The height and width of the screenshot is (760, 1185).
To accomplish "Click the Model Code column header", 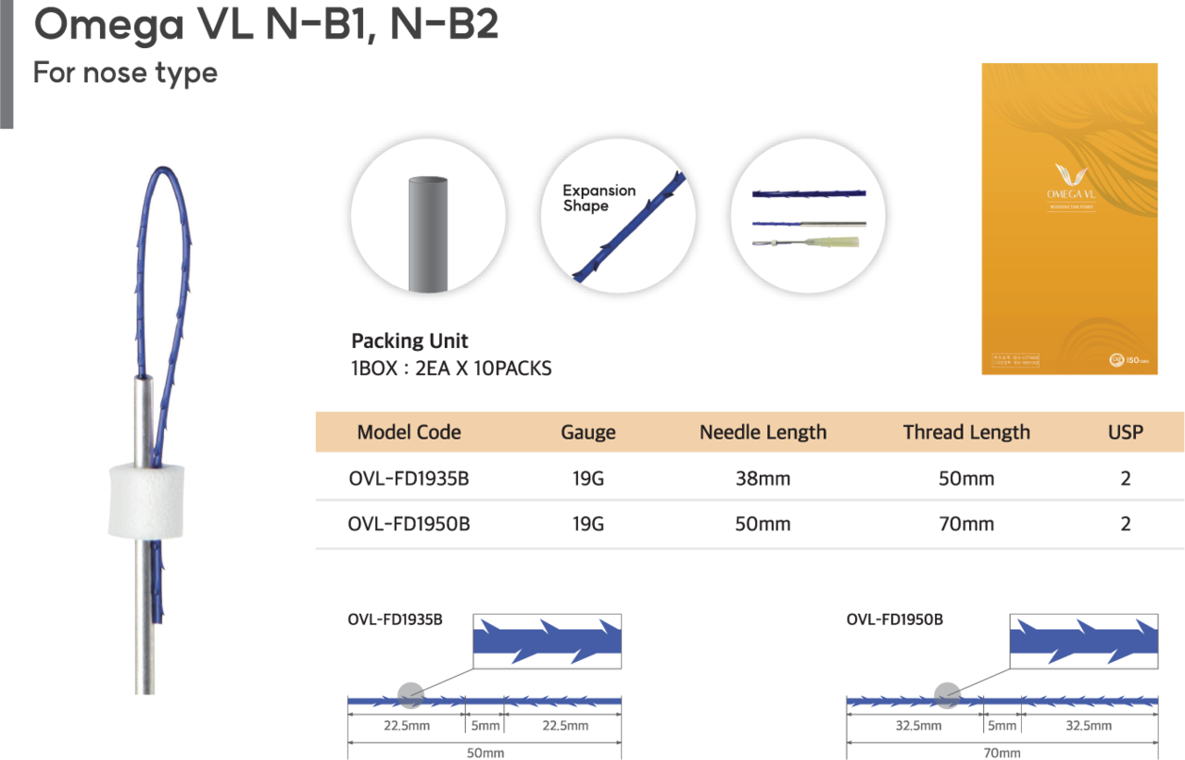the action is [409, 432].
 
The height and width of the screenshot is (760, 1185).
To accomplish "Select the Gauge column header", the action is [587, 432].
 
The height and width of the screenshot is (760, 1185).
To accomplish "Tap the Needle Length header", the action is [763, 432].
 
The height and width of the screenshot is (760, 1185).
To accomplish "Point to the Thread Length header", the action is [966, 432].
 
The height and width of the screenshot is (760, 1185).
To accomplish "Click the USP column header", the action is [1125, 432].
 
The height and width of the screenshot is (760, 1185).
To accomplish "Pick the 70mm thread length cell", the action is [966, 524].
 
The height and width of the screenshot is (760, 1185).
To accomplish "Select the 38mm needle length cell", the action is [763, 480].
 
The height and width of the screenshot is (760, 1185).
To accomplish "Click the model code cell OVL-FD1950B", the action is [409, 524].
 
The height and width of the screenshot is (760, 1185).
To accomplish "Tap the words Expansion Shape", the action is [599, 198].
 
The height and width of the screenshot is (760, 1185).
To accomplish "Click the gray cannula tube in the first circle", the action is [428, 231].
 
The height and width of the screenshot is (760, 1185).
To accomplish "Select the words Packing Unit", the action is [410, 341].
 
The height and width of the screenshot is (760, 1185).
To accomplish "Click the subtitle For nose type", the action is [125, 73].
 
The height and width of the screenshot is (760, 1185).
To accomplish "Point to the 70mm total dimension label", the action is [1002, 753].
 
